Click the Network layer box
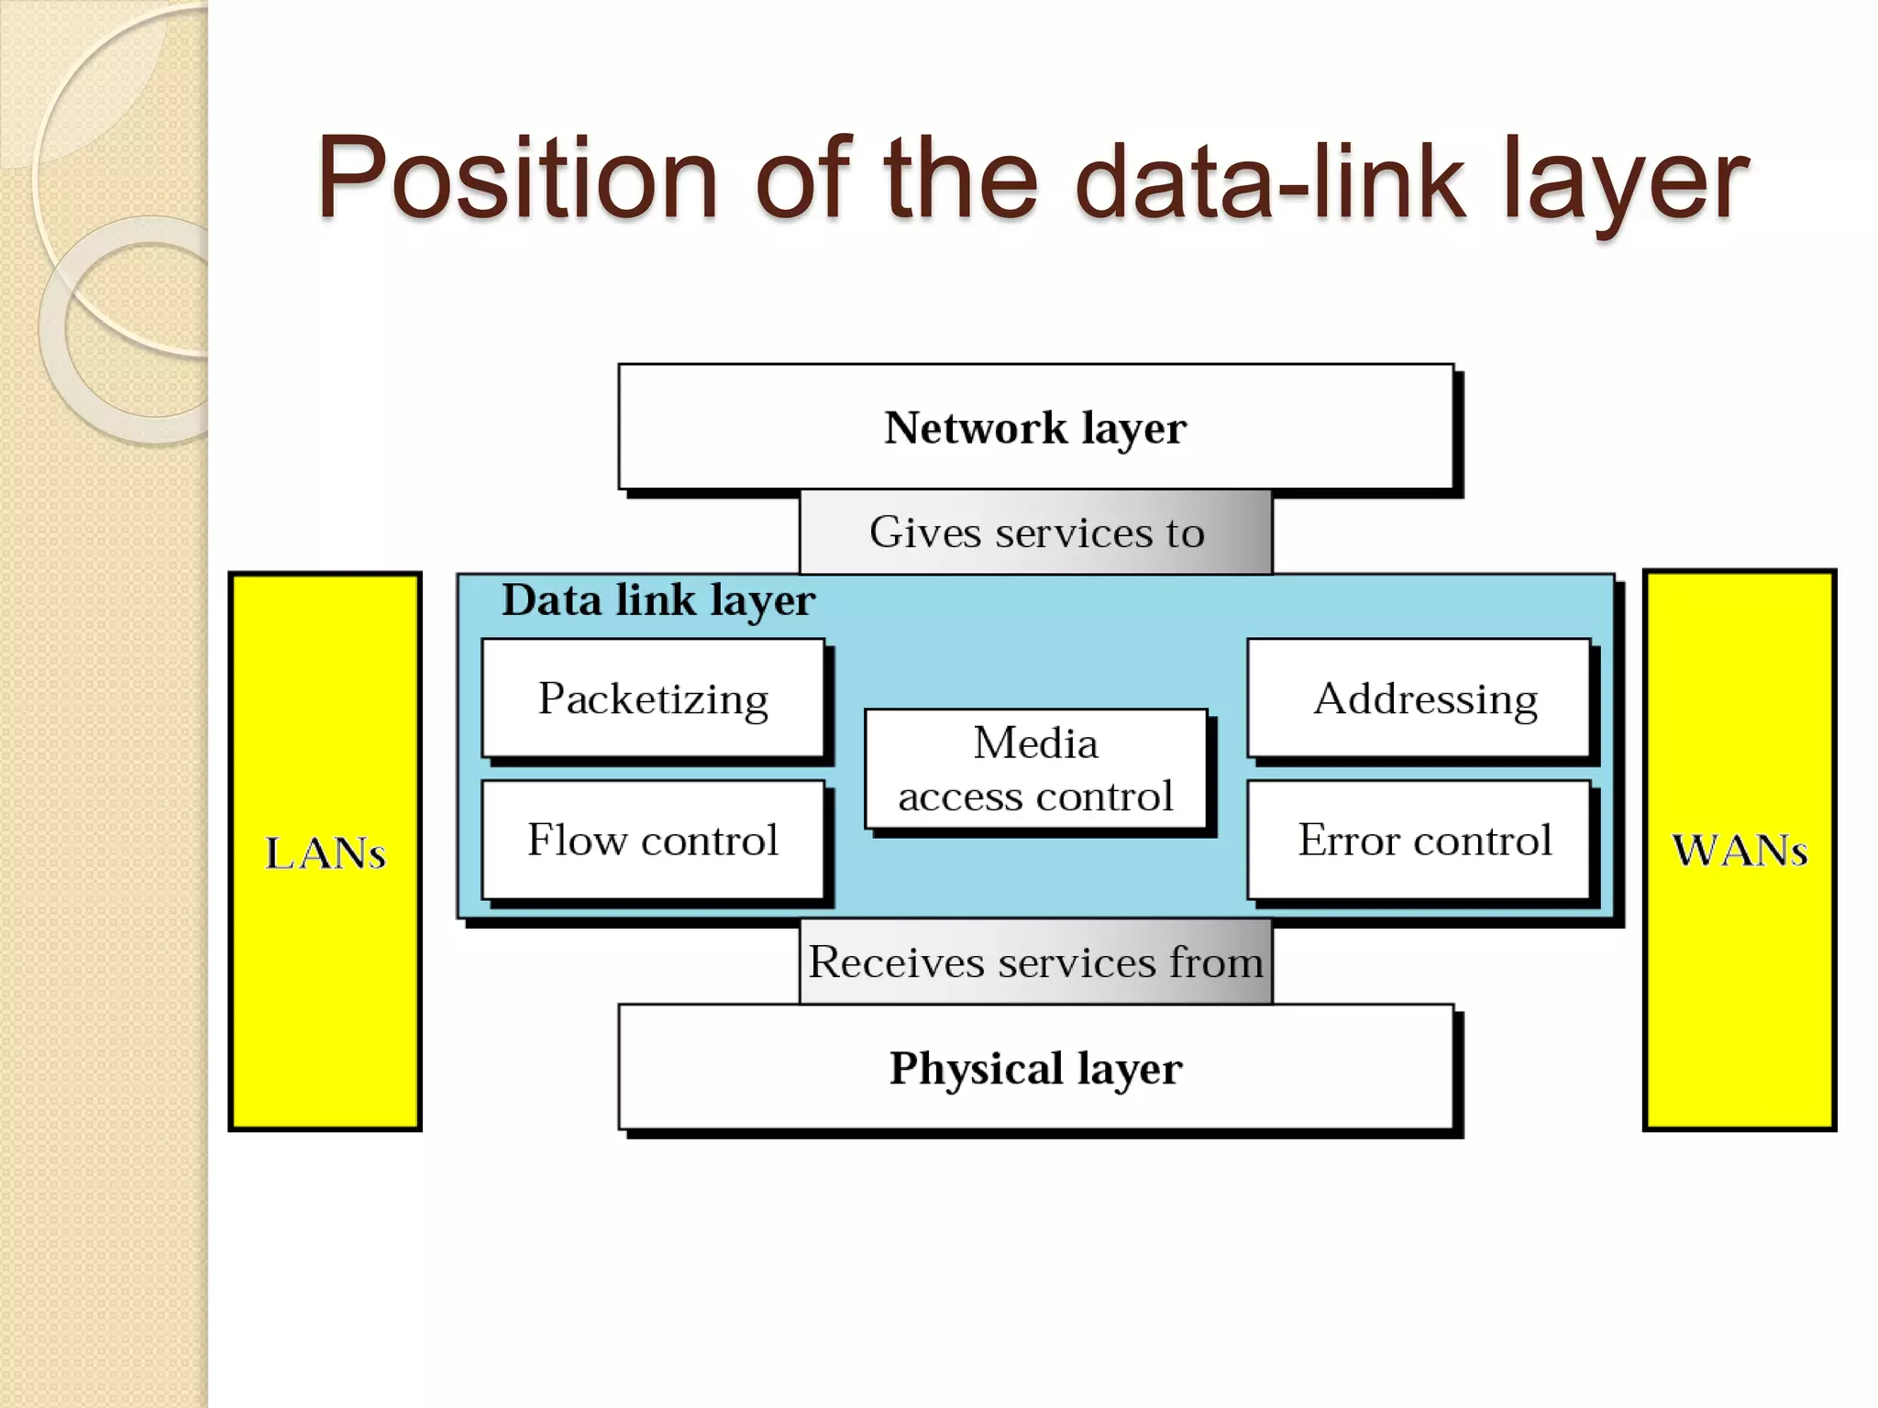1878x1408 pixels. tap(1035, 427)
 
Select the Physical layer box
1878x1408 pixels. tap(1035, 1067)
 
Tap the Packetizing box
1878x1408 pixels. tap(653, 698)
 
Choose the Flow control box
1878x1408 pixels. tap(653, 840)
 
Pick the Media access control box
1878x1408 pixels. tap(1035, 770)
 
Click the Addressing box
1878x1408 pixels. tap(1419, 698)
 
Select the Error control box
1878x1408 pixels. tap(1419, 840)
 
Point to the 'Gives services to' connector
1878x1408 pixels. tap(1035, 533)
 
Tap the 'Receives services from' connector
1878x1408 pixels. tap(1035, 962)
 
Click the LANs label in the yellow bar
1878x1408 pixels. tap(326, 852)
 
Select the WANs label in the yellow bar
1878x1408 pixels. tap(1740, 851)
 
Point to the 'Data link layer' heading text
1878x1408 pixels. tap(657, 600)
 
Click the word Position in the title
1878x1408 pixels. tap(517, 178)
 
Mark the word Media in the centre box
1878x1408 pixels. tap(1035, 742)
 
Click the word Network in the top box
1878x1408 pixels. tap(976, 428)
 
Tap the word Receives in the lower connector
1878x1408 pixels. tap(898, 962)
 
